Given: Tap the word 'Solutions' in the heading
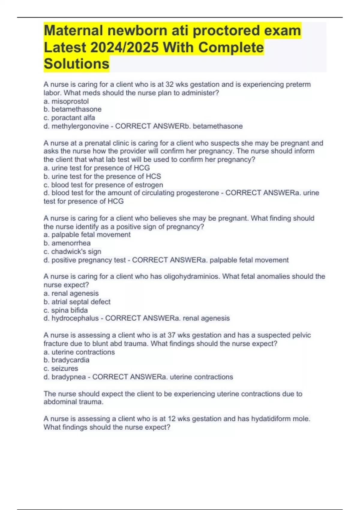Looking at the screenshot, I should (x=76, y=64).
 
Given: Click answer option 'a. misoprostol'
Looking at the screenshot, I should (x=66, y=101).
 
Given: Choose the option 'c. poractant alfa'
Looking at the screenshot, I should (x=69, y=118).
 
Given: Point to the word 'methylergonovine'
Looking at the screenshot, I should (x=80, y=126).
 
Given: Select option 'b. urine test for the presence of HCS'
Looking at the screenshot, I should (x=102, y=176).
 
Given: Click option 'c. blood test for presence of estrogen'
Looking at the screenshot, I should (x=103, y=185).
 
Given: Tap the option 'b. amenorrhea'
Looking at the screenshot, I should (x=67, y=243).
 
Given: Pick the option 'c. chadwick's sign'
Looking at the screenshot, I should (x=72, y=251).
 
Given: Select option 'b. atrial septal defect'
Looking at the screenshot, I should (x=77, y=302).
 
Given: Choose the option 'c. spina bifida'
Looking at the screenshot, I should (x=66, y=310).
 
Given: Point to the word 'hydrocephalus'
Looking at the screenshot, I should (x=75, y=318).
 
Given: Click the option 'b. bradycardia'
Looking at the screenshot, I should (x=66, y=360).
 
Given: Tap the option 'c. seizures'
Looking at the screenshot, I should (x=61, y=368).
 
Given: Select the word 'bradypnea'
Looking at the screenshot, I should (x=69, y=377).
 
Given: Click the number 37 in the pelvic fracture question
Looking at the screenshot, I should (x=172, y=335).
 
